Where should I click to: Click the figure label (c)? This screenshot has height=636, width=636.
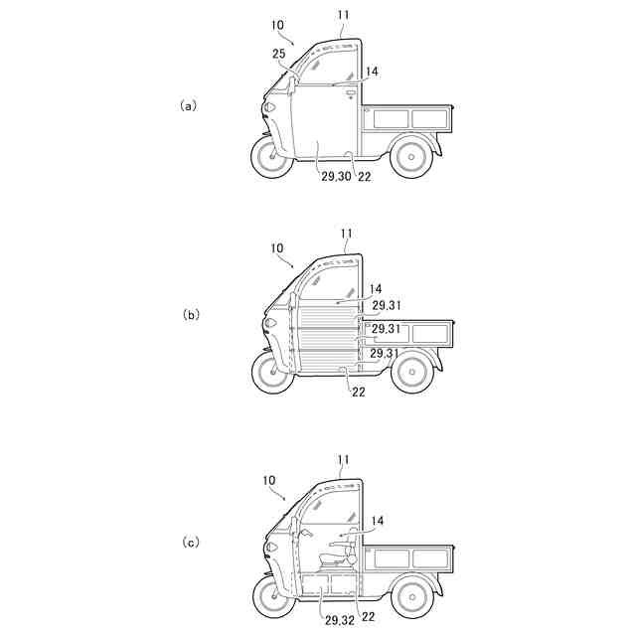click(x=191, y=542)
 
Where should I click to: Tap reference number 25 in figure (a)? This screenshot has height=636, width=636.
click(x=278, y=52)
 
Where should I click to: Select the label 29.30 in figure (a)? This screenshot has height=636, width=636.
click(x=336, y=176)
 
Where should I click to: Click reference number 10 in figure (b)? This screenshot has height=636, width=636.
click(x=276, y=247)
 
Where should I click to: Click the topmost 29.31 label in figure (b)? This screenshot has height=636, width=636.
click(x=389, y=305)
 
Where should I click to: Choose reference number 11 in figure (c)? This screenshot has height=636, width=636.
click(x=344, y=460)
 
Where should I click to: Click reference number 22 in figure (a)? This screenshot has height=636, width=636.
click(x=365, y=176)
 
